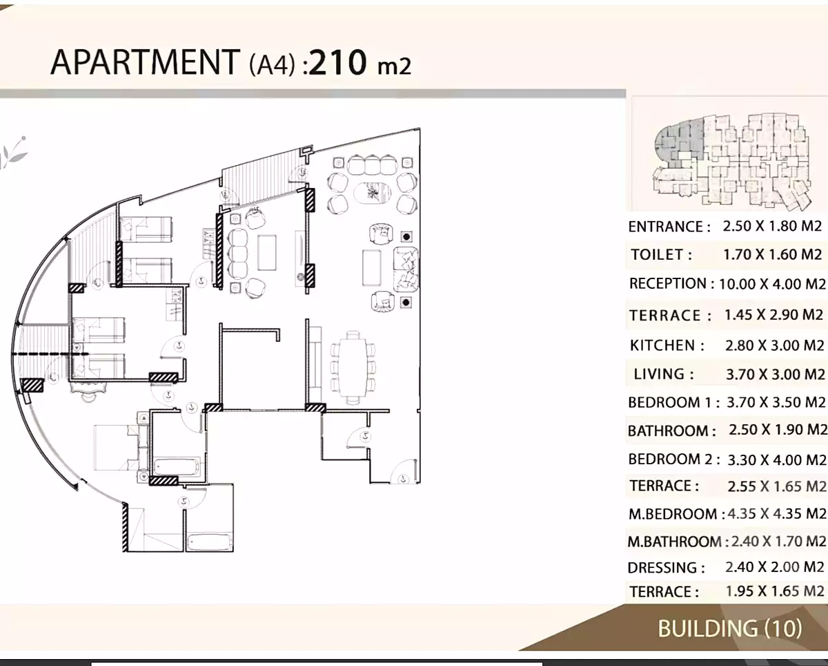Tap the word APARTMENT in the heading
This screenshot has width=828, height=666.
pyautogui.click(x=144, y=62)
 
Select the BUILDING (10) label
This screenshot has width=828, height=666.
pyautogui.click(x=729, y=628)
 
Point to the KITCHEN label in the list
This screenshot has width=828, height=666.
pyautogui.click(x=667, y=345)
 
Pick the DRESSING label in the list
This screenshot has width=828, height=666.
pyautogui.click(x=666, y=568)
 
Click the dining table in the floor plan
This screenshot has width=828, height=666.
pyautogui.click(x=354, y=366)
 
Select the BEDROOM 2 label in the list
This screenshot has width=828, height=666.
pyautogui.click(x=673, y=459)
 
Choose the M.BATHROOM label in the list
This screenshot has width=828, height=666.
pyautogui.click(x=674, y=542)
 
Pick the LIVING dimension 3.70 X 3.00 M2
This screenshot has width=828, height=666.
pyautogui.click(x=775, y=374)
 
